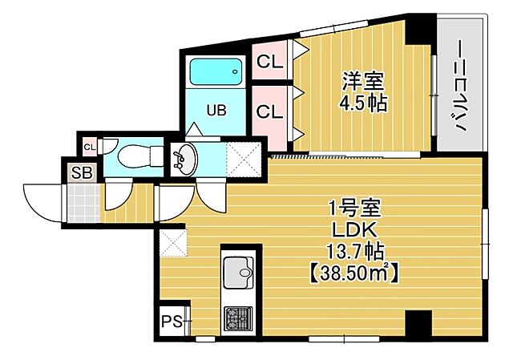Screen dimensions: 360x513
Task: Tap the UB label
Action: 216,111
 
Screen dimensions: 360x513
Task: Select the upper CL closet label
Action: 270,61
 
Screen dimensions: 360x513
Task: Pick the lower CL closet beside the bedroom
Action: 270,111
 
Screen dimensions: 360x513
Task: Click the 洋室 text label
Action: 363,82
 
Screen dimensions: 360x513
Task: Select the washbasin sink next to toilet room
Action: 184,158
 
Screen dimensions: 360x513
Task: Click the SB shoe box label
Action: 82,172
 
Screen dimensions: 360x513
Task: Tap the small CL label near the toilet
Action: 89,147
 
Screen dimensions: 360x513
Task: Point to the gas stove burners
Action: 238,318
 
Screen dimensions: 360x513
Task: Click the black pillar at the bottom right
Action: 415,325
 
